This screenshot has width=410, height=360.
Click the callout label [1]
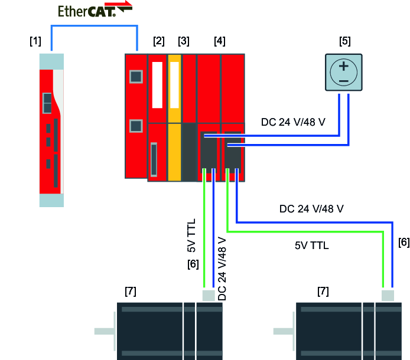click(x=35, y=41)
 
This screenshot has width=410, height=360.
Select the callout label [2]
click(x=158, y=41)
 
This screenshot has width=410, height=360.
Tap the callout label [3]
click(x=184, y=41)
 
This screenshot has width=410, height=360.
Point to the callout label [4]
click(x=220, y=41)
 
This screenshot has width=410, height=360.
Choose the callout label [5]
click(x=345, y=41)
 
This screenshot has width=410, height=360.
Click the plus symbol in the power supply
click(x=343, y=66)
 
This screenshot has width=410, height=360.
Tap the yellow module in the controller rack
click(x=174, y=118)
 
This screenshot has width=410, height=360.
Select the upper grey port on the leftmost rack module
click(x=136, y=77)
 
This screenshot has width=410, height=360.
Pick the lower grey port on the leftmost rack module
click(x=136, y=126)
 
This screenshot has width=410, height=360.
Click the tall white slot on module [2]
click(x=157, y=85)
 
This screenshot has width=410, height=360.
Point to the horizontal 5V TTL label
click(x=311, y=245)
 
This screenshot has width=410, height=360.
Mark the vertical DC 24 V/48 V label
click(x=222, y=269)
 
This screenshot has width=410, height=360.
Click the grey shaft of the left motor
click(x=105, y=331)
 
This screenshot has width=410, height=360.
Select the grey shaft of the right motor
click(x=283, y=331)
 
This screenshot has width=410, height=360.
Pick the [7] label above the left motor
click(x=131, y=291)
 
